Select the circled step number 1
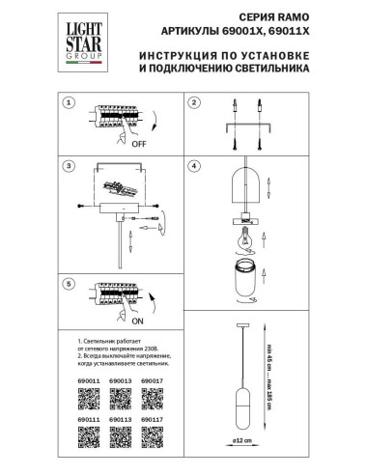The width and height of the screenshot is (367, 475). point(69,101)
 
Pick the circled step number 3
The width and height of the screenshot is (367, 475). point(69,166)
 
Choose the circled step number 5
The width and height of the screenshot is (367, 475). point(69,284)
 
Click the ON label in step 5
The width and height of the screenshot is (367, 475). point(127,322)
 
